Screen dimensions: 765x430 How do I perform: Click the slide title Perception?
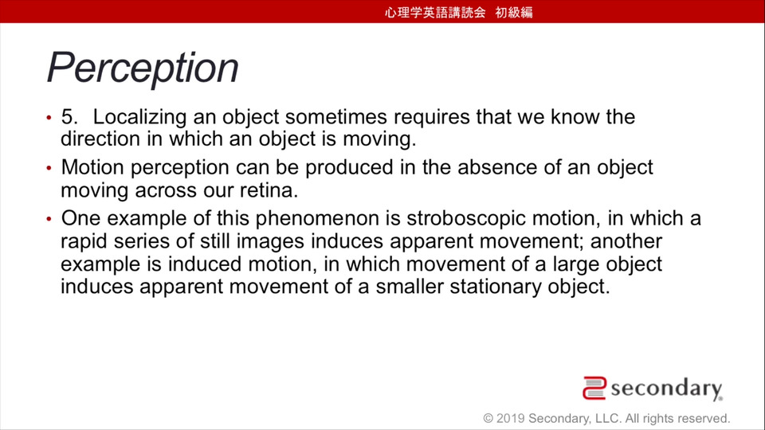(x=143, y=68)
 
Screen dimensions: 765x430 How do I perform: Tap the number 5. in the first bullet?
(x=69, y=117)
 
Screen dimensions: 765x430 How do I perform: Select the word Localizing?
(x=139, y=118)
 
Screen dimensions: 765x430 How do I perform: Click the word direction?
(x=100, y=139)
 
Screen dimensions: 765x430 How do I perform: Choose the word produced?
(x=349, y=167)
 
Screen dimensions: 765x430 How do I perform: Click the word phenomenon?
(x=317, y=219)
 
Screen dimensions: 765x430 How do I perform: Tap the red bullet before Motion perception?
(x=49, y=168)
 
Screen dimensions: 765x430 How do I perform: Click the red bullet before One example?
(x=49, y=219)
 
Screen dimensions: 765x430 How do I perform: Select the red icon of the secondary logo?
(x=594, y=388)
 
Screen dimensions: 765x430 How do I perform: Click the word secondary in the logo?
(x=666, y=389)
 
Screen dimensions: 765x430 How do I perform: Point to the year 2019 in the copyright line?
(x=510, y=418)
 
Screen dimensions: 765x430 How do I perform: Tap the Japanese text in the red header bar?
(x=459, y=12)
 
